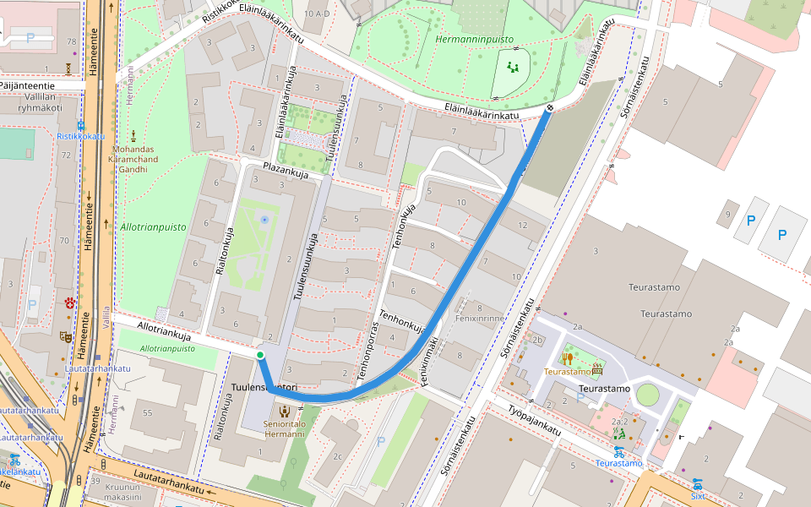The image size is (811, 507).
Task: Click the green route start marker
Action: pyautogui.click(x=260, y=355)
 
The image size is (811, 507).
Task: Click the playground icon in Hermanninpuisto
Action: pyautogui.click(x=512, y=65)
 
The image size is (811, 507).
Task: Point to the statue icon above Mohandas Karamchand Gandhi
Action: pyautogui.click(x=133, y=135)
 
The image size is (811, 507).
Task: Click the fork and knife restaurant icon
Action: pyautogui.click(x=567, y=358)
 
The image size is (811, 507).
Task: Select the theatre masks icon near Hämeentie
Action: pyautogui.click(x=67, y=336)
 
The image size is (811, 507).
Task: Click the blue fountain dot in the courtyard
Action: pyautogui.click(x=264, y=220)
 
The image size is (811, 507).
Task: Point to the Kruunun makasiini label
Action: pyautogui.click(x=122, y=493)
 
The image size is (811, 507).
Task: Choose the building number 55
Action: pyautogui.click(x=149, y=412)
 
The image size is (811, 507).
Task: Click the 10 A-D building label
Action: pyautogui.click(x=317, y=14)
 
